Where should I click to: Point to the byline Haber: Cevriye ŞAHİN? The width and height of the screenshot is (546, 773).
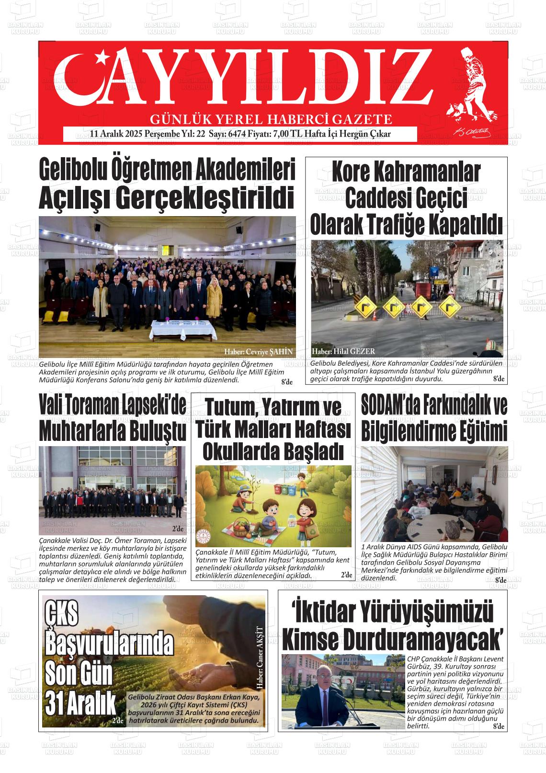point(258,352)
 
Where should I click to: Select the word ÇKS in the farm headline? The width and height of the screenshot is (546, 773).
point(62,615)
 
